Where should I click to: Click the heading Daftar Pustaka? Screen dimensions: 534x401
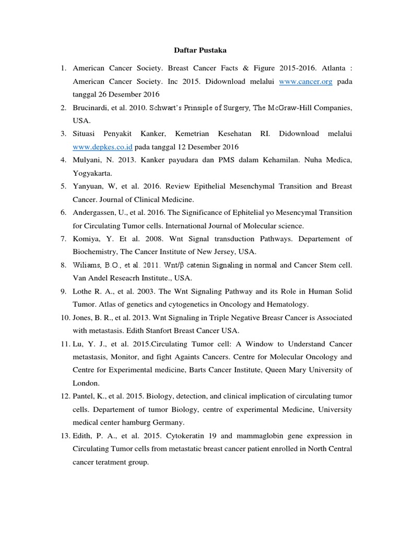tap(200, 51)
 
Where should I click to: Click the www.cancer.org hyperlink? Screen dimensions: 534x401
tap(305, 81)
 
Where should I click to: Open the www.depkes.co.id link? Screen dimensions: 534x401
tap(95, 147)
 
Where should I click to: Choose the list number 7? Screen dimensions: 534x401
tap(64, 238)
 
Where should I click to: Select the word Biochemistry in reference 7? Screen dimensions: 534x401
tap(93, 251)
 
